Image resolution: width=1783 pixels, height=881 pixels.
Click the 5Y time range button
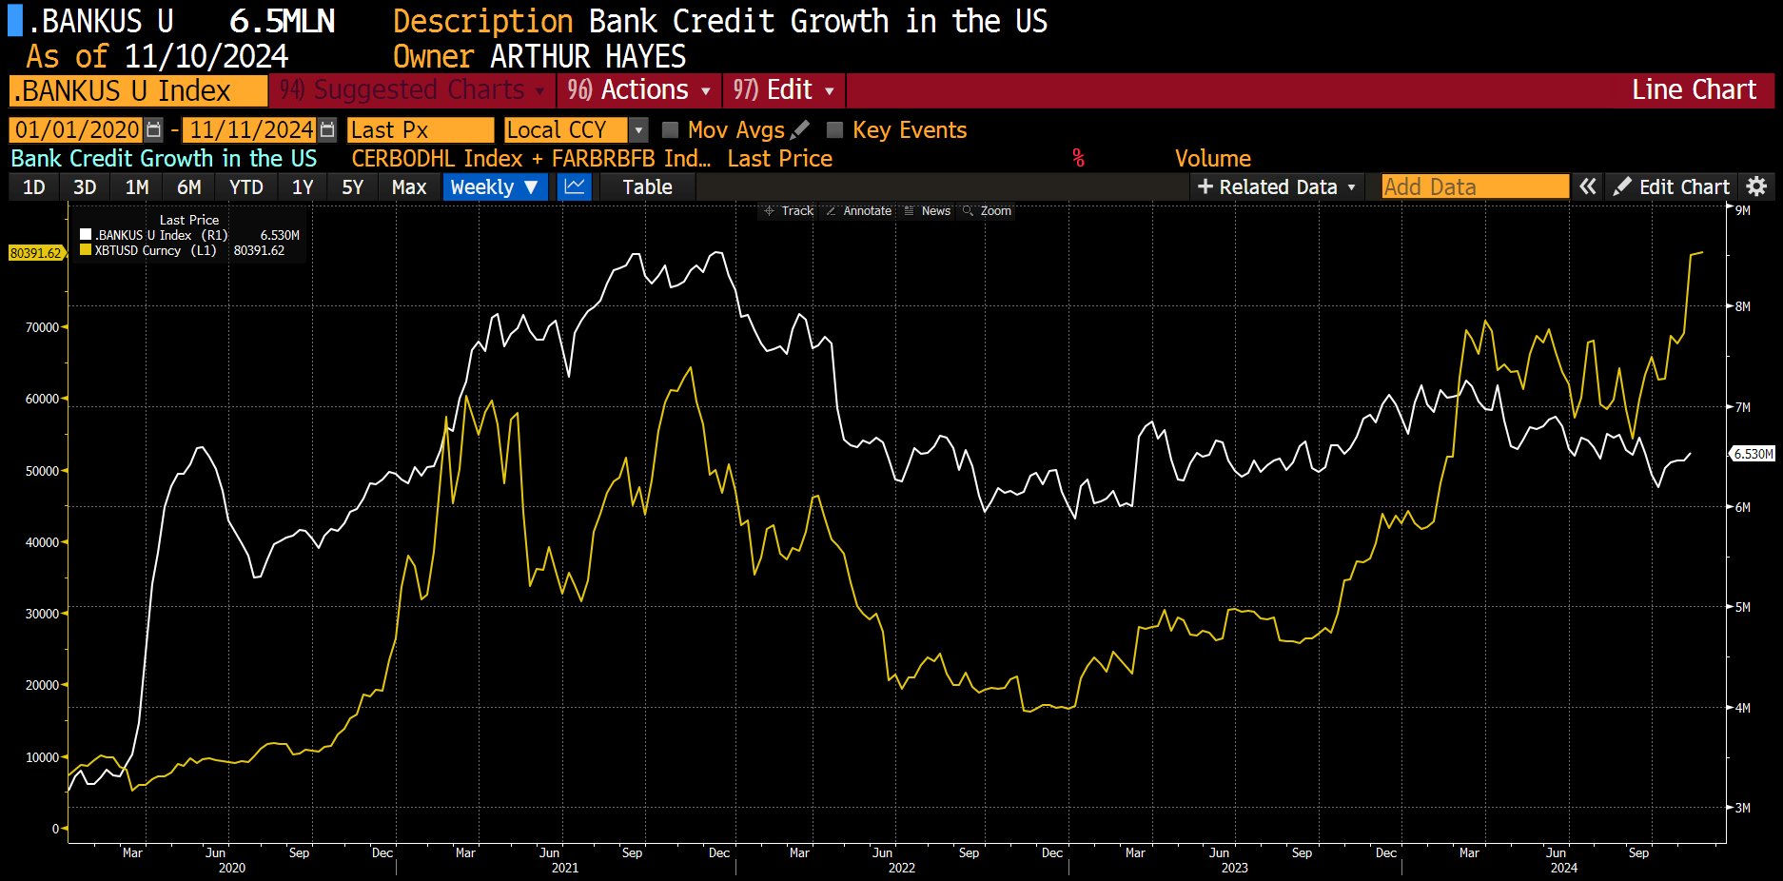(352, 187)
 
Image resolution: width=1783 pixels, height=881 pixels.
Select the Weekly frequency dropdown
(494, 187)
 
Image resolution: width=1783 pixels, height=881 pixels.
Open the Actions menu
(638, 90)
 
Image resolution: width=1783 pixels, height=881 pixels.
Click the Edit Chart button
(1672, 187)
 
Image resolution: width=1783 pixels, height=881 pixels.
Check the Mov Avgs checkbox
(671, 130)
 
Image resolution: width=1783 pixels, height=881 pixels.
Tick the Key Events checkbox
(835, 130)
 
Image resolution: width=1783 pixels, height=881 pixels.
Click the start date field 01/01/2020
(76, 130)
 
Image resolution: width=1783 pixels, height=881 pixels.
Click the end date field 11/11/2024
(251, 130)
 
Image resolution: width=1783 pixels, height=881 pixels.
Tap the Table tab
(647, 187)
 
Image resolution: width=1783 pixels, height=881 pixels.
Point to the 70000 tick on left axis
(42, 327)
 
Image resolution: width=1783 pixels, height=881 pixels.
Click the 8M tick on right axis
(1742, 306)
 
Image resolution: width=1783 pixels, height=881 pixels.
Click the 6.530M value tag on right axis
(1753, 454)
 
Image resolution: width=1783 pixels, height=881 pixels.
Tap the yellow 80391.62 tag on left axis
(35, 253)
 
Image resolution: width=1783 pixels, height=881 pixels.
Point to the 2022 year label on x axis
(901, 868)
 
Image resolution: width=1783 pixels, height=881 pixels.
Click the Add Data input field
(1474, 187)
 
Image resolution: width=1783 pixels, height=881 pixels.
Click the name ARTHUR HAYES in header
(587, 57)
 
